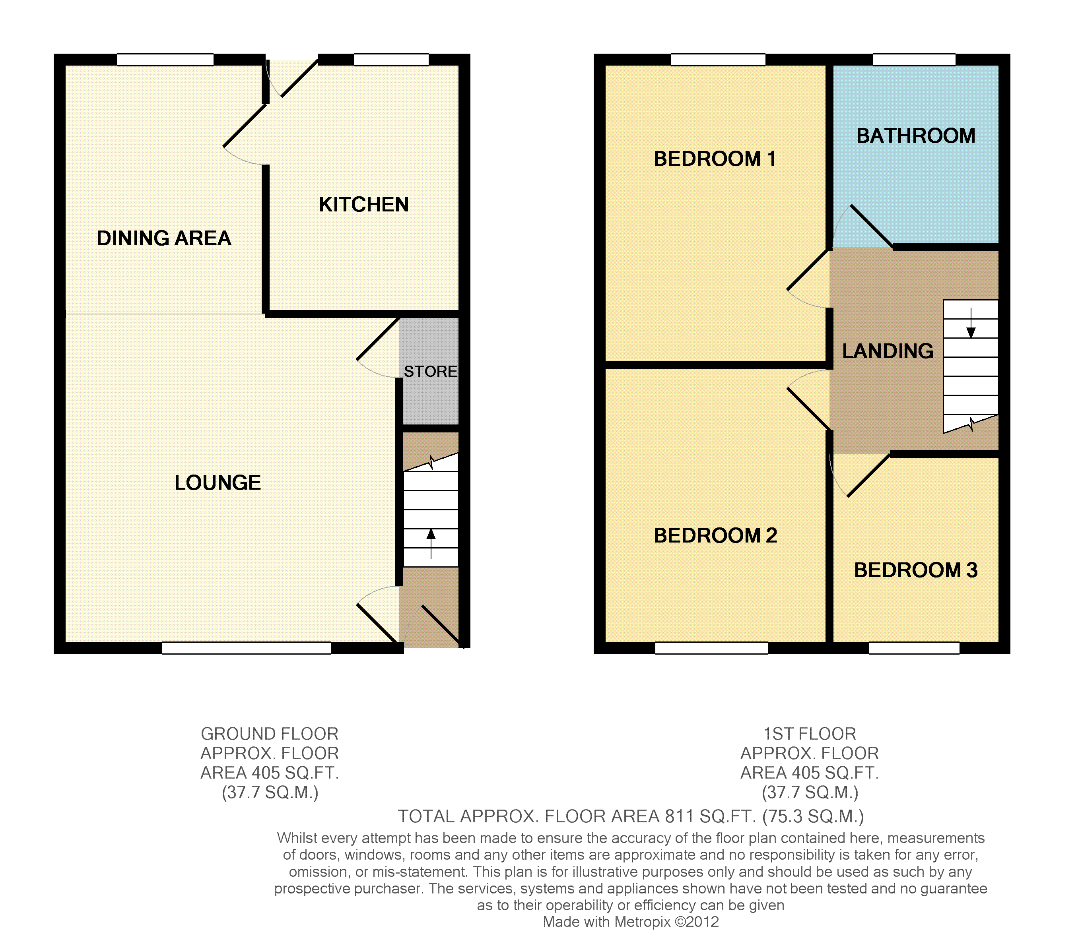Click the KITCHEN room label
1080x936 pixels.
coord(364,205)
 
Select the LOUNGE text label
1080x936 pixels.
coord(218,483)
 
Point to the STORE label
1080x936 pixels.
coord(431,371)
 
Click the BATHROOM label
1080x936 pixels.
coord(916,136)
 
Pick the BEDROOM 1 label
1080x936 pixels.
coord(715,159)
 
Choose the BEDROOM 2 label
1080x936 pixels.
coord(715,535)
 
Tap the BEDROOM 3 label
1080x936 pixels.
coord(916,570)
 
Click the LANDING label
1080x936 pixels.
coord(888,351)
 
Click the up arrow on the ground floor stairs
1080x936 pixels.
coord(431,544)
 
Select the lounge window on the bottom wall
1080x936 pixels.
coord(246,648)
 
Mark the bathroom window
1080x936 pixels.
coord(914,60)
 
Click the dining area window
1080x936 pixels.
coord(165,60)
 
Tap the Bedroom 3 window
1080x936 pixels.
coord(914,648)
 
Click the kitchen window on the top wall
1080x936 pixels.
coord(391,60)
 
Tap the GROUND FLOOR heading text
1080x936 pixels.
coord(270,734)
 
